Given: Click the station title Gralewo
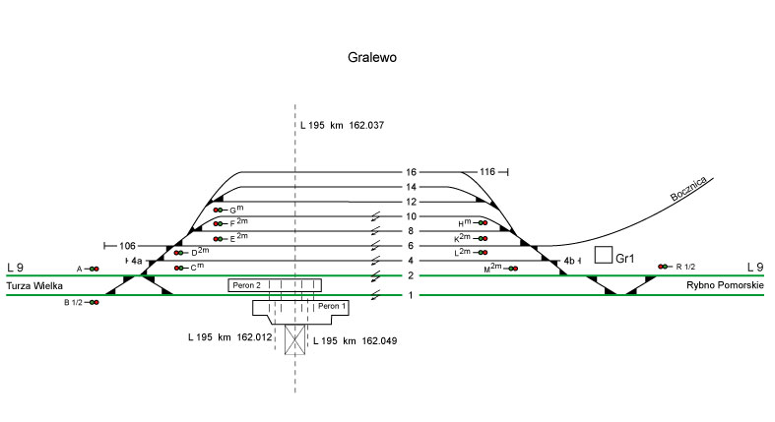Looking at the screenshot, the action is pyautogui.click(x=372, y=57).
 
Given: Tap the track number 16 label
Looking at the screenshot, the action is pyautogui.click(x=412, y=172).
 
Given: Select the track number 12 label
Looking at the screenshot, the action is pyautogui.click(x=412, y=202).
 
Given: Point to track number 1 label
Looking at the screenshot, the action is pyautogui.click(x=411, y=296).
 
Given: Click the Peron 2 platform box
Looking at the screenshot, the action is pyautogui.click(x=275, y=285).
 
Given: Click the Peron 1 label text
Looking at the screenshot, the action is pyautogui.click(x=332, y=306).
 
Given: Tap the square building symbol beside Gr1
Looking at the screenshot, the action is pyautogui.click(x=603, y=255).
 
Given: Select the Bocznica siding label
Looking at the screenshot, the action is pyautogui.click(x=688, y=189).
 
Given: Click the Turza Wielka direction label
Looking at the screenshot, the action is pyautogui.click(x=34, y=286).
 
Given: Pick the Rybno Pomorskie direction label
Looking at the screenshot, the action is pyautogui.click(x=725, y=285).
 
